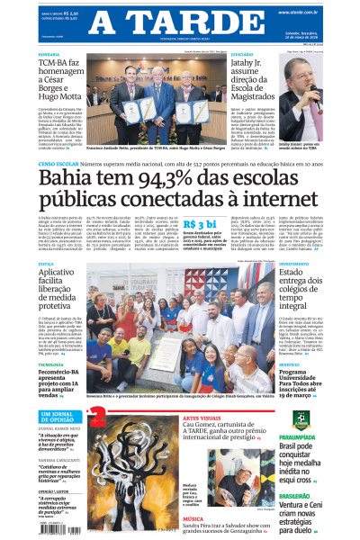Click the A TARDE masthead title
point(180,22)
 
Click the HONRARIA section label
point(49,54)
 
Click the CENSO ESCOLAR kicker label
point(63,165)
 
